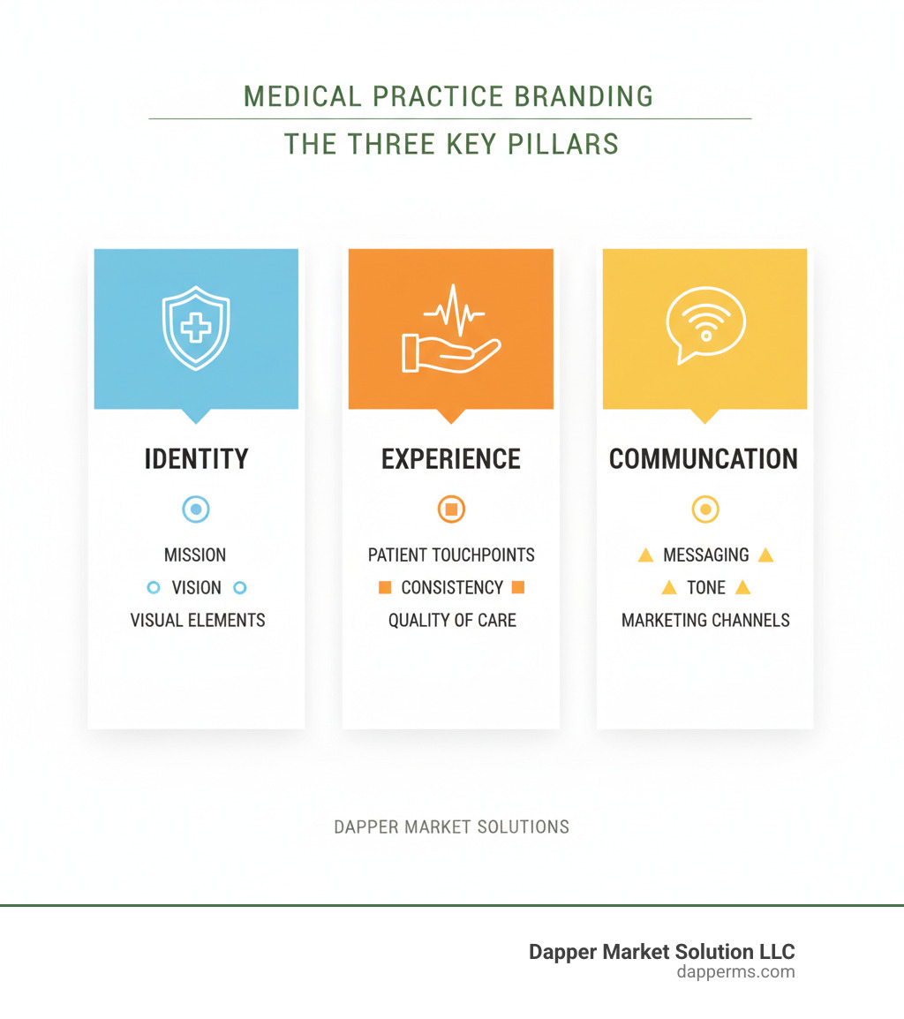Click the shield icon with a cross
point(196,328)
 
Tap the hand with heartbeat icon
point(451,328)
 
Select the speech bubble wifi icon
point(705,324)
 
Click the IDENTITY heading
point(196,459)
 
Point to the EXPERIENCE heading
point(451,459)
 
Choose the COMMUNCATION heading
point(704,459)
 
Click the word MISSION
point(195,555)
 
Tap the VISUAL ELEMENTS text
point(198,621)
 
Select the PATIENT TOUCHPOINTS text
point(451,555)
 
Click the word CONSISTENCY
point(452,588)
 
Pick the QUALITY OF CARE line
point(452,621)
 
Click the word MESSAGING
point(705,555)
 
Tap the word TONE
point(706,588)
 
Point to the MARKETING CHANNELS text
point(705,621)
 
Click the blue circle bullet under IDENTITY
point(196,509)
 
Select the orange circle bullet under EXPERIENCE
point(451,509)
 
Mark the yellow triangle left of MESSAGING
point(645,555)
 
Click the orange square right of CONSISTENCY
point(517,587)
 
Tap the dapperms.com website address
point(735,972)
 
